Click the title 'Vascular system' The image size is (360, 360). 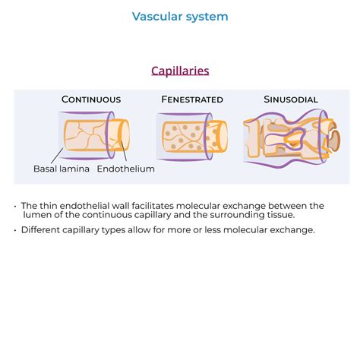point(180,17)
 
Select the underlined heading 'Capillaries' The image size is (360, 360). point(180,71)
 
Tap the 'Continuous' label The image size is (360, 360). point(91,99)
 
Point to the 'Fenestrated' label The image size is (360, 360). point(192,99)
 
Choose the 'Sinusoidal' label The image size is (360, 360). point(291,99)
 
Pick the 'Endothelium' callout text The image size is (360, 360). point(126,169)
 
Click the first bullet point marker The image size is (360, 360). point(16,206)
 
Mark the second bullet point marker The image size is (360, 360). point(16,229)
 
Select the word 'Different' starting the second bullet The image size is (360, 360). point(41,229)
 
